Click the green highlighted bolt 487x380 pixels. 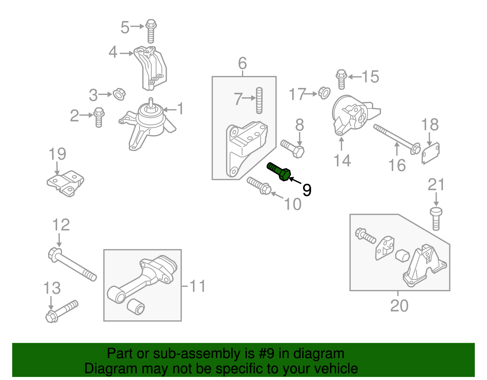279,172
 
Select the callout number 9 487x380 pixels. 307,190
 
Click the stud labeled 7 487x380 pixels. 259,100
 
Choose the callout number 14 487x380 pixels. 342,160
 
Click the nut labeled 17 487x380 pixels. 324,93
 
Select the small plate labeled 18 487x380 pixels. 430,153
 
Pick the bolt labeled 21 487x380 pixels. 436,218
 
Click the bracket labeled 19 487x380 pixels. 66,183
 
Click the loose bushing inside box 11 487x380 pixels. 136,306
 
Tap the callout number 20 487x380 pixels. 399,305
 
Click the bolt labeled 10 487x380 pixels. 259,186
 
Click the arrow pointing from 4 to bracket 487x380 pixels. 127,53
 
